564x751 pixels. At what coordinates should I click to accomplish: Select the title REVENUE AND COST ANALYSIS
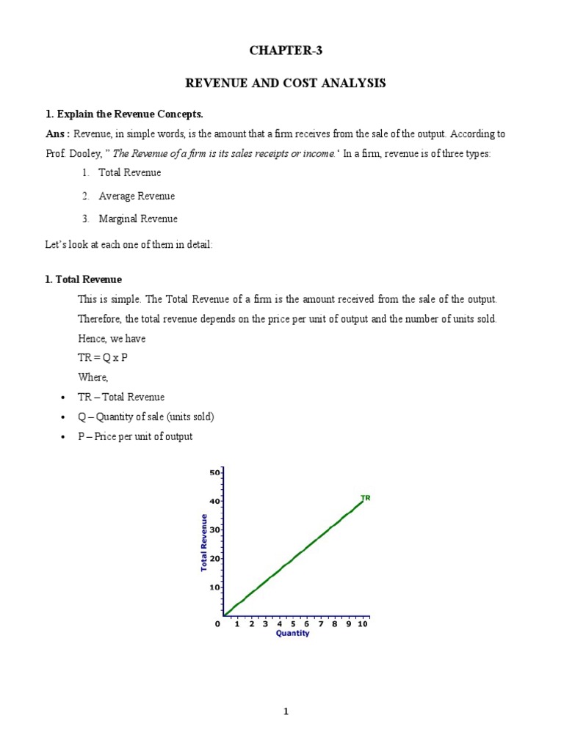point(285,84)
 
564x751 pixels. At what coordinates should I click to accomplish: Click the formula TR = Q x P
point(106,357)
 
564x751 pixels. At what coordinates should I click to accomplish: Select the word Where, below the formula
point(93,377)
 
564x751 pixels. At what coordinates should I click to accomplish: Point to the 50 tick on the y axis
point(215,473)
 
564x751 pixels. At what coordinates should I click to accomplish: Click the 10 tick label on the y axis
point(215,587)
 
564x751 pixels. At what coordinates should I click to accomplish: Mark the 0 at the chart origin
point(217,624)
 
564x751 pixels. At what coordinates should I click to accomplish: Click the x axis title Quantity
point(292,634)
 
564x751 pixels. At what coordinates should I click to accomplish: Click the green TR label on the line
point(365,498)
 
